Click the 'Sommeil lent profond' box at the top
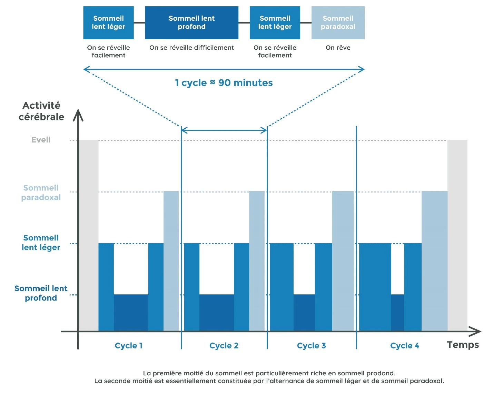191,22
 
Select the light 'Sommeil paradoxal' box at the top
338,22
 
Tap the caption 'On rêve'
338,48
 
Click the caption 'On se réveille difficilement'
191,48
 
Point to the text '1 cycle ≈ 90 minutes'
224,83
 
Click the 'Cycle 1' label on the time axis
128,346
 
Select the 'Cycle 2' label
224,346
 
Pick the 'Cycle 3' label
311,346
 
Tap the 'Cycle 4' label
404,346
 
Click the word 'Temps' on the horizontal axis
463,345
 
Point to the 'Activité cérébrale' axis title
41,111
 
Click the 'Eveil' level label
41,140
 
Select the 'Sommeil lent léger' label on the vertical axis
41,243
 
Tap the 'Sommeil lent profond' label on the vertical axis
41,293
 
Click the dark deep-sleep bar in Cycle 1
131,312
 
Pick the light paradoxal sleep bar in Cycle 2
257,260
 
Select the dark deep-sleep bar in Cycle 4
397,312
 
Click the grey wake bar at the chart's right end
457,235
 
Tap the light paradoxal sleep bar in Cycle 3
343,260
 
